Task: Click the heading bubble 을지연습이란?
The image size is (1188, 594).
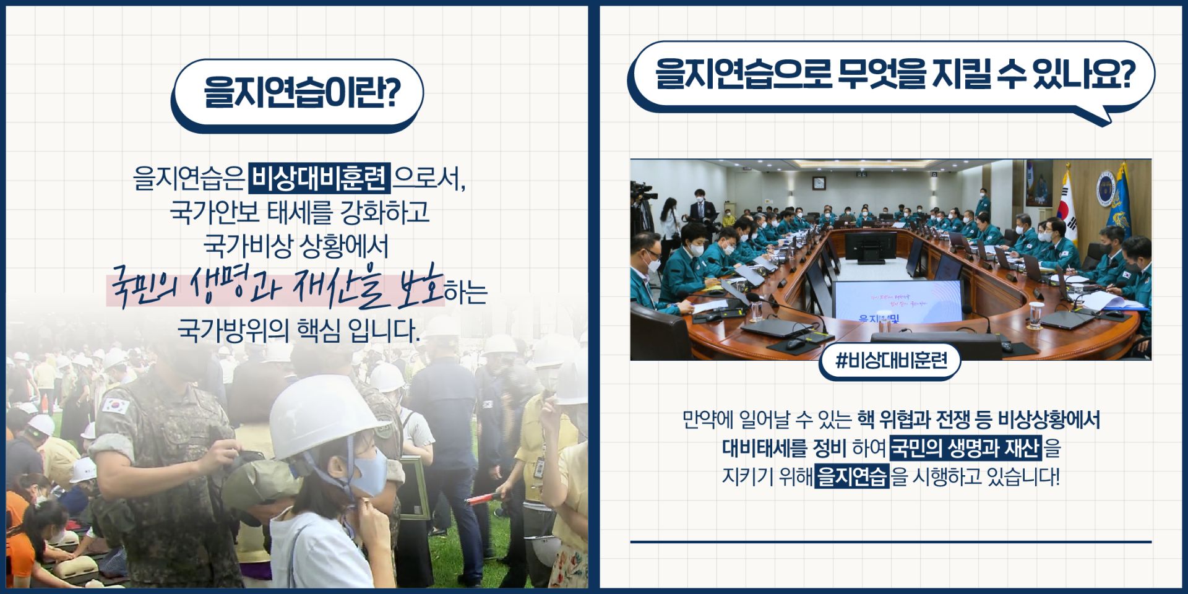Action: point(298,95)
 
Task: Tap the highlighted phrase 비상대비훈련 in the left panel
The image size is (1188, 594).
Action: point(319,178)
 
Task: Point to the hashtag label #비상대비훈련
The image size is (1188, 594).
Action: point(890,361)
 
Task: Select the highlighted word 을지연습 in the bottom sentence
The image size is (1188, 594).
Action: point(852,477)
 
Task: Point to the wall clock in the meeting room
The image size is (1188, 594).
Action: point(819,183)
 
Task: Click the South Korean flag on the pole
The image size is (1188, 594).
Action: point(1069,207)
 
